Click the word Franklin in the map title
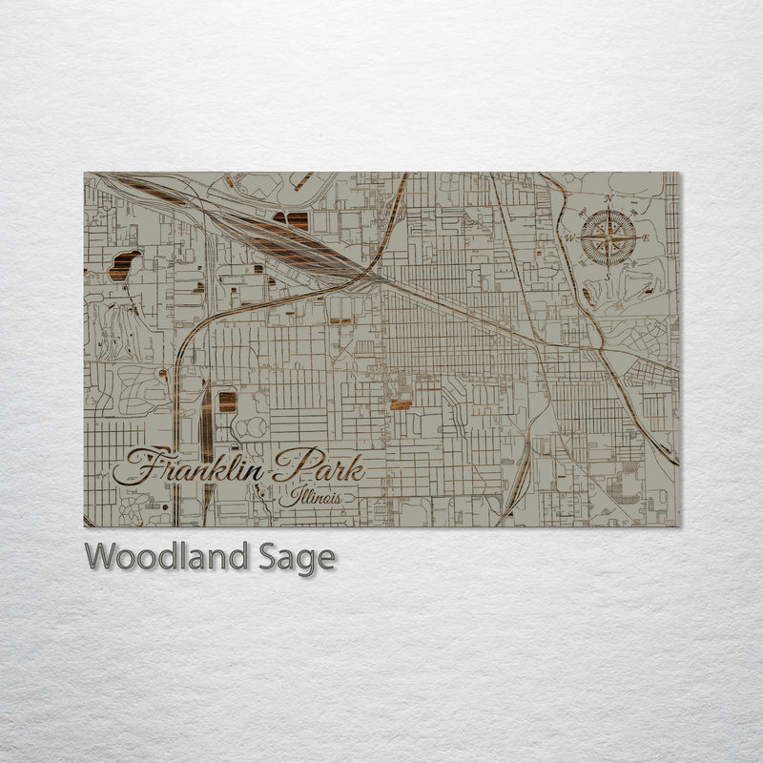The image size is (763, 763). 191,468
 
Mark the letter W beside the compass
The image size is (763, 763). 569,237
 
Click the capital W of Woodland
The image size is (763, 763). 99,557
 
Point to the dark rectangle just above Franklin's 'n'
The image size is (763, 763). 227,402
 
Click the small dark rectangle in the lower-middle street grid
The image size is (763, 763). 401,404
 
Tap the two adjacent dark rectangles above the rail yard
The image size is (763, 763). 292,220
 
